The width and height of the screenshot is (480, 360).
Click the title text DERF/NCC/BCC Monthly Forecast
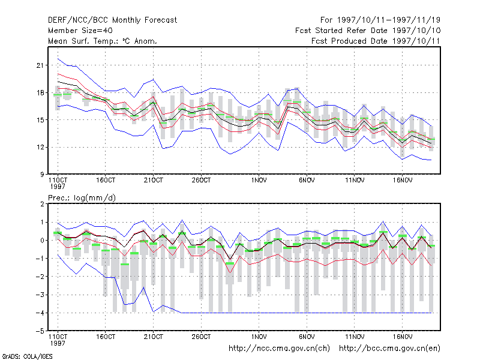pos(112,20)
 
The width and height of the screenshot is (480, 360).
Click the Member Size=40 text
pos(80,31)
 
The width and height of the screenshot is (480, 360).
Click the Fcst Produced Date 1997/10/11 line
pos(376,41)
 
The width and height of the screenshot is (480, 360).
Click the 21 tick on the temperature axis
pos(40,65)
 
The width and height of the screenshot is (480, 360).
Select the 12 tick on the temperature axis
pos(40,147)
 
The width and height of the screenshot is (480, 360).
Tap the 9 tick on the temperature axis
pos(42,175)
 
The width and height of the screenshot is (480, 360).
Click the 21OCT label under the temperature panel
pos(154,181)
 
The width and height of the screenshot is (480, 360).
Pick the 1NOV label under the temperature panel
pos(259,181)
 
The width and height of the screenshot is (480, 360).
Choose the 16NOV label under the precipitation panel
pos(403,337)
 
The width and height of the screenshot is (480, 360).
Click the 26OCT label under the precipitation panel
pos(201,337)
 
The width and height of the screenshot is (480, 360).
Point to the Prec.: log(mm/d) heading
pos(82,198)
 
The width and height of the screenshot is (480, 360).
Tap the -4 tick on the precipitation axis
pos(40,313)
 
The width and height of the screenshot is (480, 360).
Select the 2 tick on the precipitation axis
pos(42,204)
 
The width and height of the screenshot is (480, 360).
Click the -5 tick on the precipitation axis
pos(40,331)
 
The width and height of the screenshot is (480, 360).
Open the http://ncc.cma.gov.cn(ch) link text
pos(279,349)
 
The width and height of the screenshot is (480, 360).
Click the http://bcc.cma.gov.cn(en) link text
pos(389,349)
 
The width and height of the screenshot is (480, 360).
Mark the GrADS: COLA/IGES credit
pos(27,356)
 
